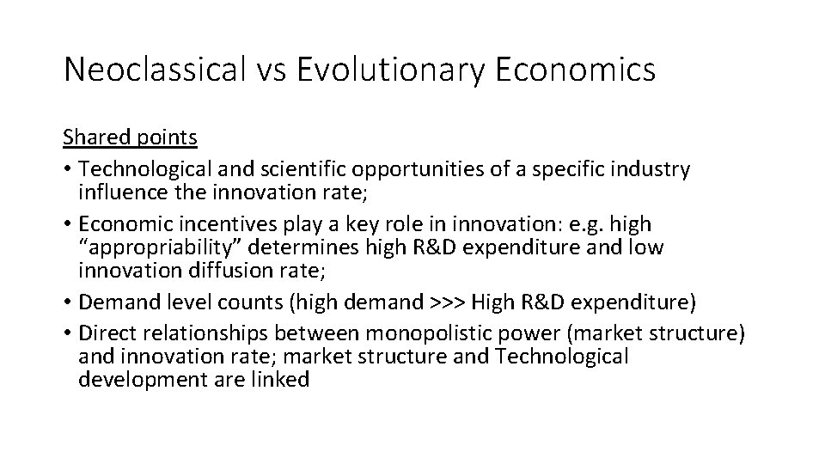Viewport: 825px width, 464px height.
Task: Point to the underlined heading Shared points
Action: tap(130, 137)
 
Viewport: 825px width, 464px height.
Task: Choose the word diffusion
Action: tap(229, 272)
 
